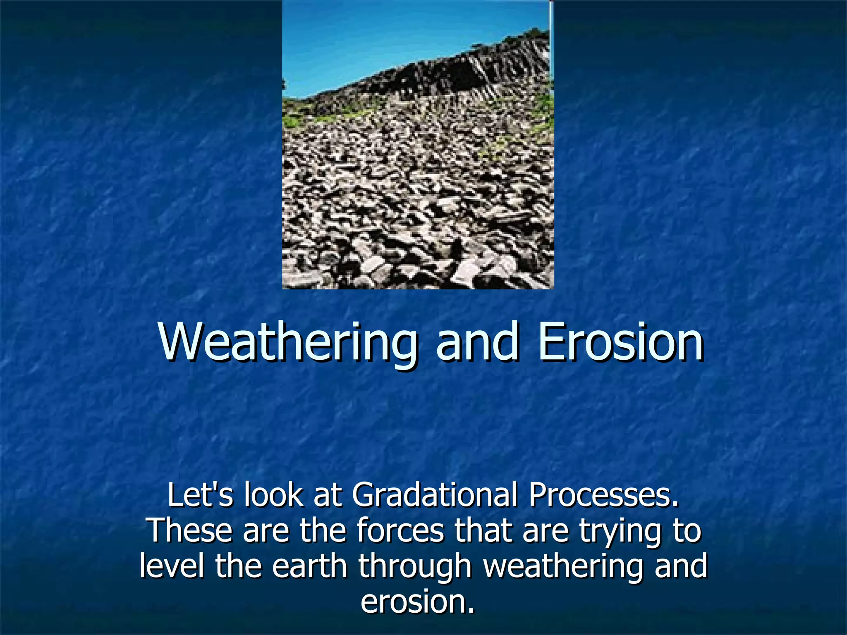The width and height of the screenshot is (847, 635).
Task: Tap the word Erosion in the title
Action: click(621, 342)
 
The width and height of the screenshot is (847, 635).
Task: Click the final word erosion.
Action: click(418, 602)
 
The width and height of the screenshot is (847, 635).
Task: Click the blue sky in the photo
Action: click(372, 37)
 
